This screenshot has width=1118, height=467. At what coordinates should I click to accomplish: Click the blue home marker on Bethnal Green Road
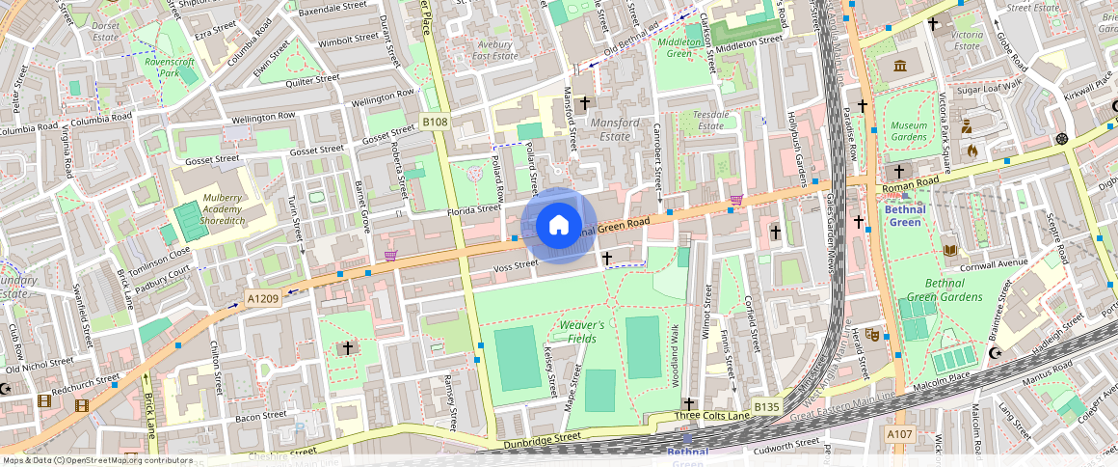(x=558, y=226)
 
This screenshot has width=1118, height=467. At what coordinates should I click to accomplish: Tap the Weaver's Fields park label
(x=581, y=332)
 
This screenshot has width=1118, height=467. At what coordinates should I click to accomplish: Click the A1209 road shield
(x=262, y=299)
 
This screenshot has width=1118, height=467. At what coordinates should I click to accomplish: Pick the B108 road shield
(x=435, y=122)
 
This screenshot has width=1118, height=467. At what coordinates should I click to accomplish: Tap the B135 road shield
(x=766, y=406)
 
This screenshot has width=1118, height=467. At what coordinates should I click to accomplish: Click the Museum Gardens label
(x=908, y=132)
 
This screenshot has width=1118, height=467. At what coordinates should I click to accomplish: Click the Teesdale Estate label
(x=710, y=120)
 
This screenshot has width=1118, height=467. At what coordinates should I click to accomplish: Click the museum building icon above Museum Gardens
(x=900, y=66)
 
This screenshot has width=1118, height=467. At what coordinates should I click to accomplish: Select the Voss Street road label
(x=515, y=265)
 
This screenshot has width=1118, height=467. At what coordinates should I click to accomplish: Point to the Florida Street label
(x=475, y=208)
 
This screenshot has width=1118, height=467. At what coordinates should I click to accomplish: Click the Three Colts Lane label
(x=711, y=416)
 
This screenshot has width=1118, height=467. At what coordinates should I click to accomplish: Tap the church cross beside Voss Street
(x=607, y=258)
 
